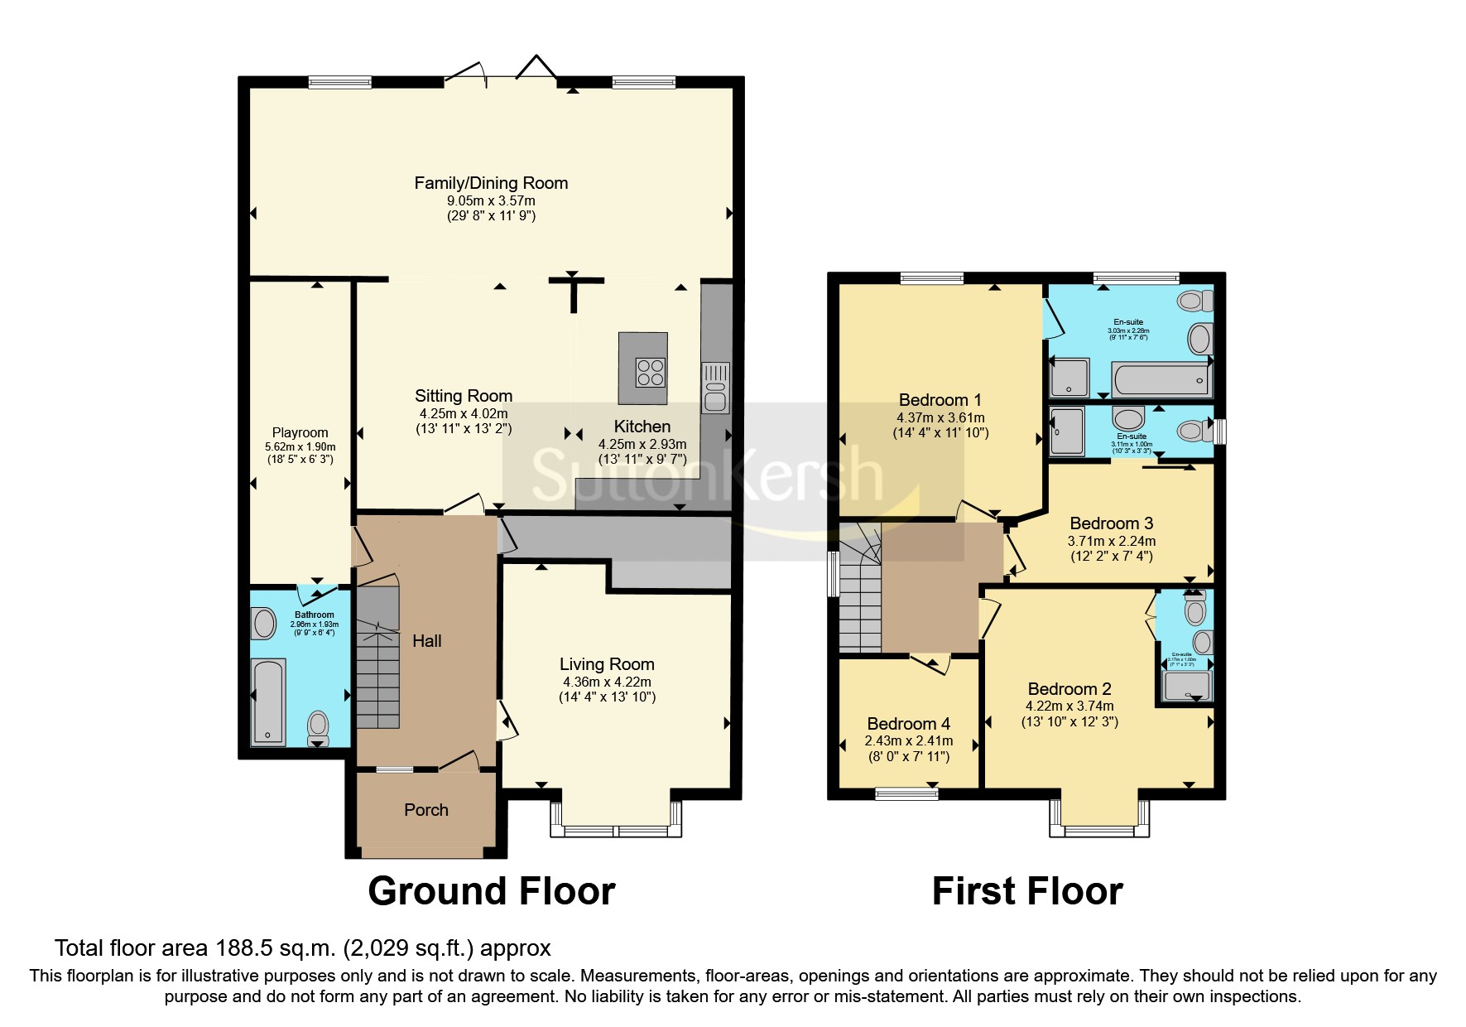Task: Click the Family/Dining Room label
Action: (x=491, y=183)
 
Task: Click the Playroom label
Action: (x=300, y=432)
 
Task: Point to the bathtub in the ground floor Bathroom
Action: (x=268, y=701)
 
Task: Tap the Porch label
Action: (x=425, y=810)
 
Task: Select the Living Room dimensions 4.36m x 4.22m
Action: (x=607, y=682)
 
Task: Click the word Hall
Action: (x=426, y=640)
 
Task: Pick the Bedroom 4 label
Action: (x=908, y=724)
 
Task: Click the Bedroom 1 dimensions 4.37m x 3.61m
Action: (x=940, y=417)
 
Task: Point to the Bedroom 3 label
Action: (x=1111, y=523)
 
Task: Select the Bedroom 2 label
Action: (x=1069, y=689)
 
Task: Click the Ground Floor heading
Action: (x=491, y=891)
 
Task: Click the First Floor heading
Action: (x=1026, y=891)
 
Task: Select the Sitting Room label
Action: (x=463, y=396)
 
